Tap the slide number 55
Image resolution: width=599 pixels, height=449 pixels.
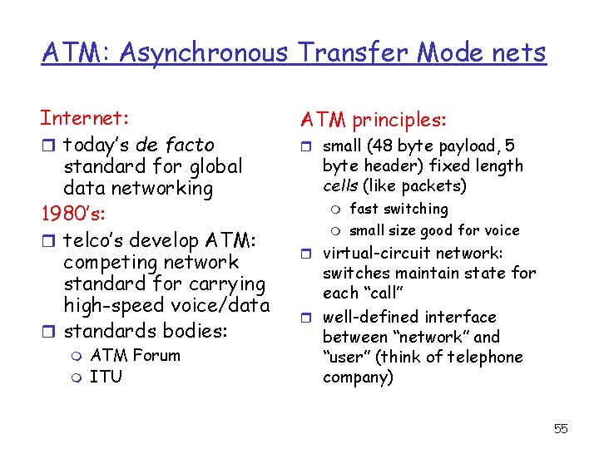(561, 428)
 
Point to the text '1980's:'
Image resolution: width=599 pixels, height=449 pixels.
(72, 215)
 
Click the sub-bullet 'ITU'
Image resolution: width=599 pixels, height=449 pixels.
(106, 377)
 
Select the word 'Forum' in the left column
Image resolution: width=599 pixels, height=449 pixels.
(156, 355)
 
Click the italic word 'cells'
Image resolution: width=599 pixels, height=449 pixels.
(340, 185)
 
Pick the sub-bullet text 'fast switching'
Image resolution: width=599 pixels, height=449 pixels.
(399, 209)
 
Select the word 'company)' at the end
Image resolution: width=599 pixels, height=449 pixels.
(358, 377)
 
